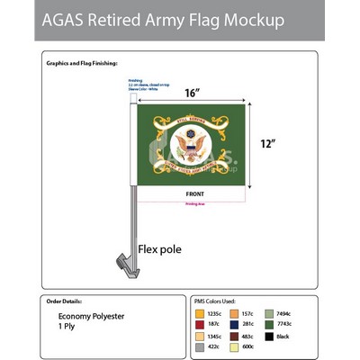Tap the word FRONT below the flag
click(x=194, y=193)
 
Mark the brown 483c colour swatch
click(x=236, y=335)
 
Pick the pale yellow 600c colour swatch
click(x=236, y=346)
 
